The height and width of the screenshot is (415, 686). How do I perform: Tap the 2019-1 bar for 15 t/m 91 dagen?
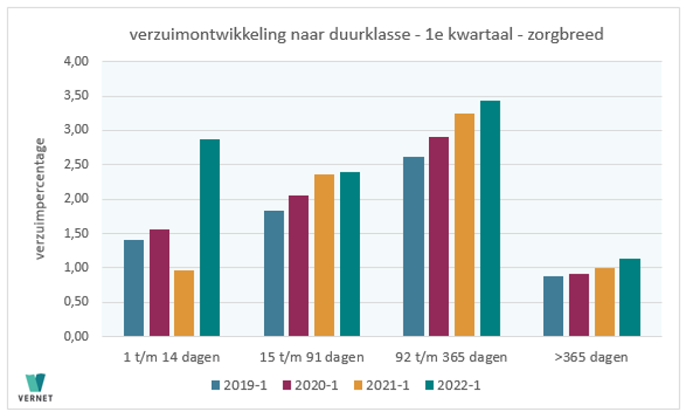[x=274, y=273]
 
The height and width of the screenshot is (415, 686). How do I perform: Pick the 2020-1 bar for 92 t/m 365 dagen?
[x=439, y=236]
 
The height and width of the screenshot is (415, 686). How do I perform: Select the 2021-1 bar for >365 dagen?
[x=605, y=302]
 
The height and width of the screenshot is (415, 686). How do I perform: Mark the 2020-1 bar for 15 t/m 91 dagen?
[x=299, y=266]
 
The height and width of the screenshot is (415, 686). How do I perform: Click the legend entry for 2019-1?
[x=238, y=385]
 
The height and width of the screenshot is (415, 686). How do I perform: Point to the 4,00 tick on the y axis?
[x=77, y=62]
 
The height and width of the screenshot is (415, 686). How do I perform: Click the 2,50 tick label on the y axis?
[x=77, y=165]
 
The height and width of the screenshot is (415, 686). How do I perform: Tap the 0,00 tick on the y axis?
[x=77, y=336]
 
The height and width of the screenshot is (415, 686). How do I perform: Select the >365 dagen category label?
[x=592, y=357]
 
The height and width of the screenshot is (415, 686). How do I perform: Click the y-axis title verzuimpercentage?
[x=41, y=199]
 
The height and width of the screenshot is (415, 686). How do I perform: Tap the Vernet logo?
[x=36, y=386]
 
